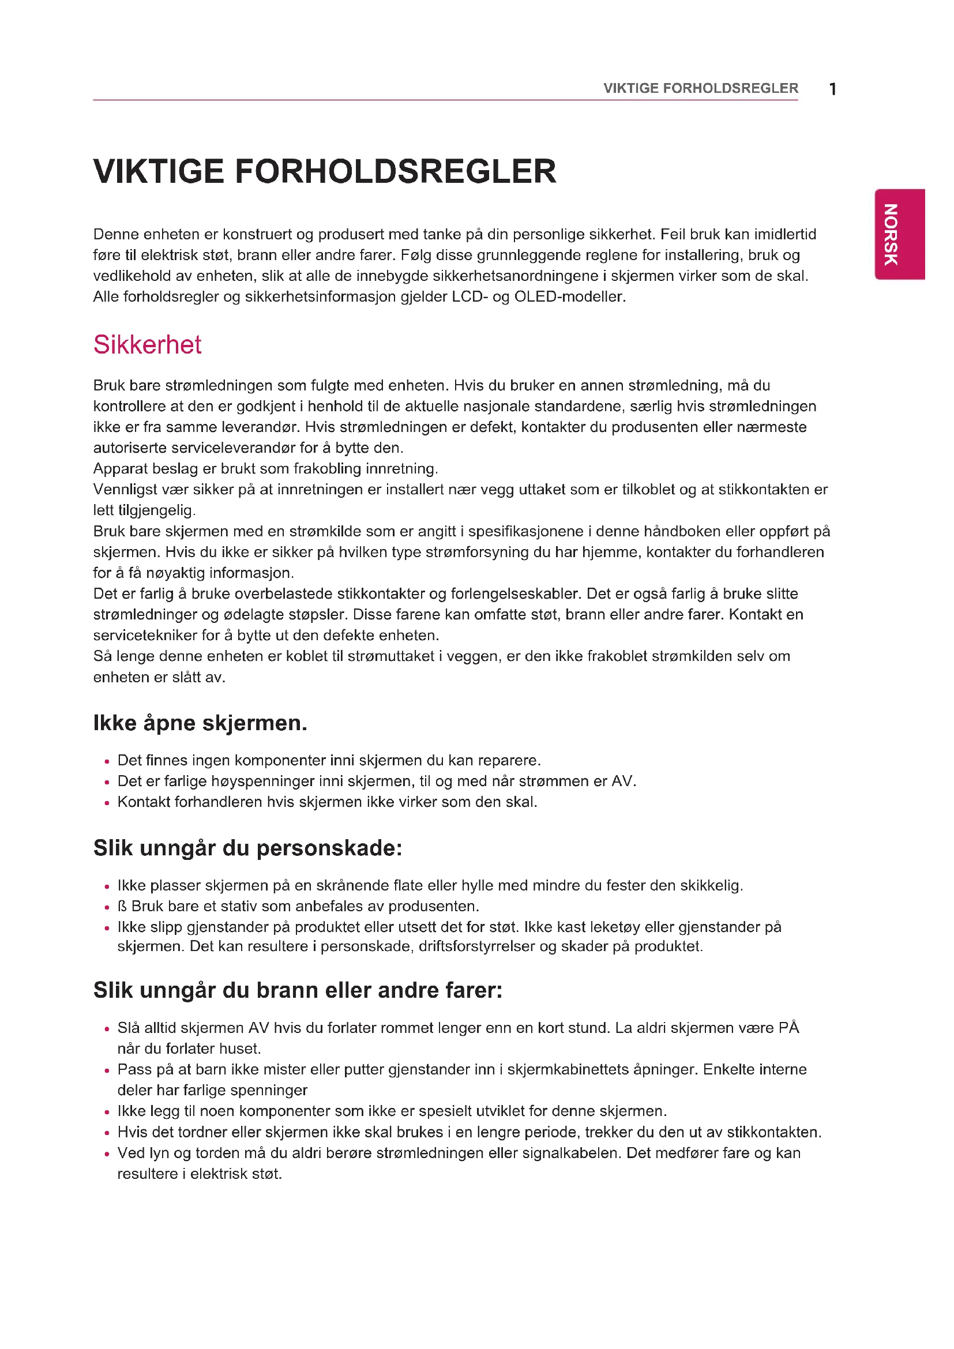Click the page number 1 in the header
click(x=832, y=89)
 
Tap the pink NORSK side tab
click(x=899, y=234)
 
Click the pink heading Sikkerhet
click(x=148, y=345)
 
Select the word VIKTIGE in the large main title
click(x=159, y=171)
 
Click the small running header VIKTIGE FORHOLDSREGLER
click(x=700, y=88)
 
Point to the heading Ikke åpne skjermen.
click(x=200, y=723)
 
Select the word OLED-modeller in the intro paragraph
click(x=570, y=296)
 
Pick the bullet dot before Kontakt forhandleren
click(x=107, y=803)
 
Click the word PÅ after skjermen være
click(x=788, y=1028)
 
